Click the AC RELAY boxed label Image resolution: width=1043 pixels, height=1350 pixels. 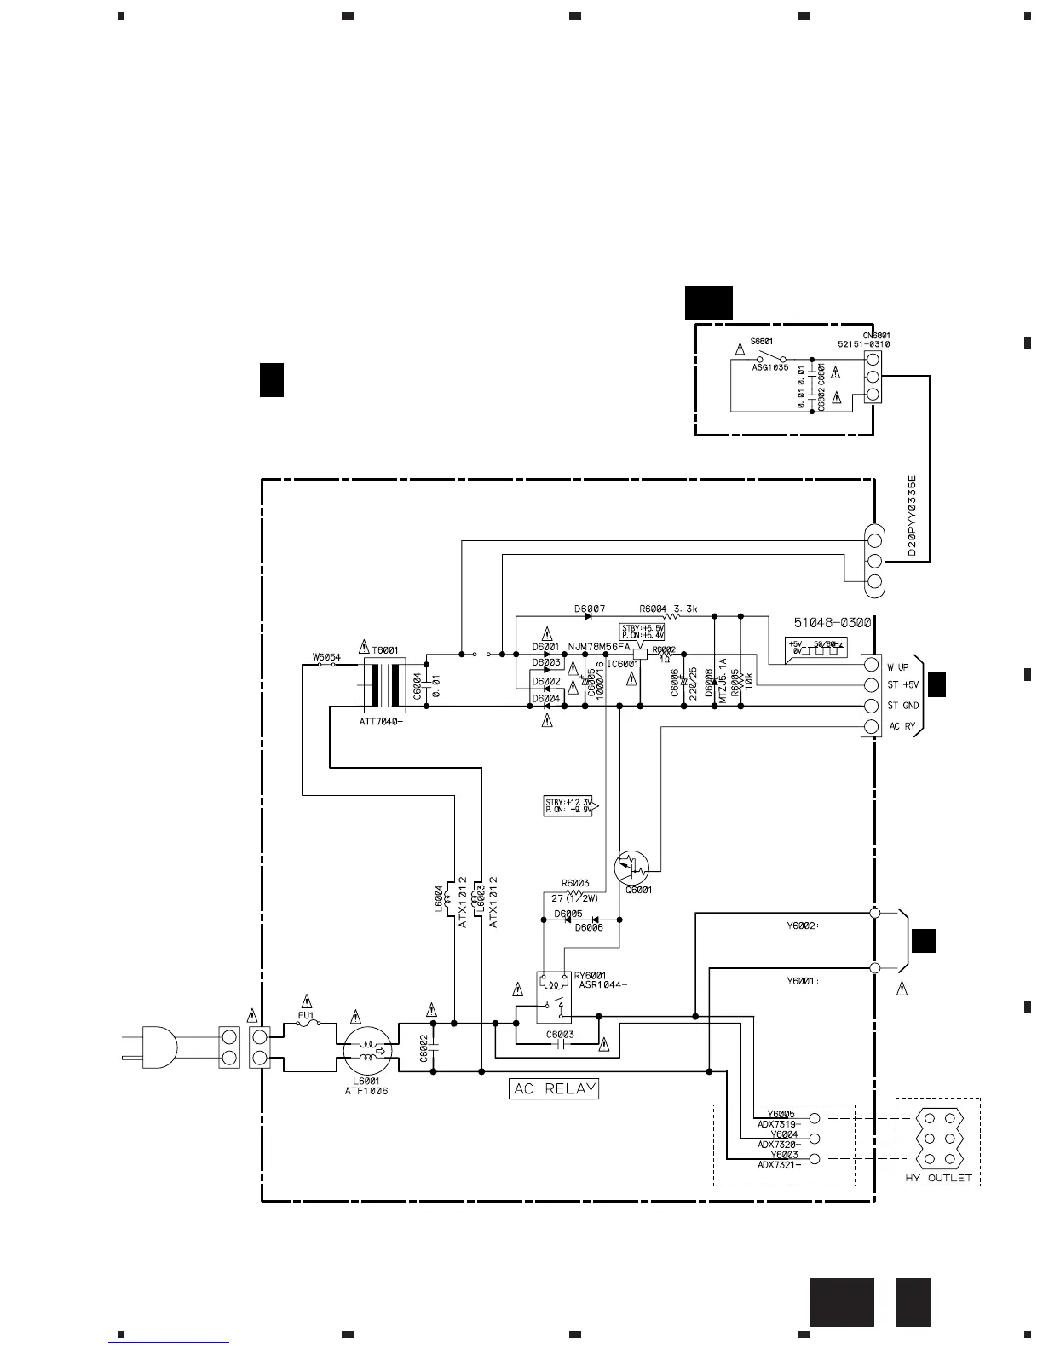[x=554, y=1088]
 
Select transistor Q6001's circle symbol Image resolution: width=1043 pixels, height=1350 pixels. [x=631, y=868]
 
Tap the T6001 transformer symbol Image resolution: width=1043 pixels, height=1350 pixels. [x=383, y=684]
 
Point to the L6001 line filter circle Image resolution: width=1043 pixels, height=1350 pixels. [x=368, y=1047]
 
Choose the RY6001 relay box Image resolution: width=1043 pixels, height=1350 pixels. [x=554, y=996]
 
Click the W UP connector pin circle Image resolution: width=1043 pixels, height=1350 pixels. [x=870, y=666]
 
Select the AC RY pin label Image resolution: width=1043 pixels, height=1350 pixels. [x=902, y=726]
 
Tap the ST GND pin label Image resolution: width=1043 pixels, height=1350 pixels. [x=903, y=706]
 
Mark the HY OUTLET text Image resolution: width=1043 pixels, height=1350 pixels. [x=937, y=1178]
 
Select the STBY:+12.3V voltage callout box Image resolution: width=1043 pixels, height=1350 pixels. [x=569, y=805]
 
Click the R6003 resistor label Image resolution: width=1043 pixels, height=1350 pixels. [x=575, y=883]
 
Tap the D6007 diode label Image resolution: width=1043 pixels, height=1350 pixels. [x=590, y=609]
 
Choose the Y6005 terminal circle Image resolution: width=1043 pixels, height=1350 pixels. [x=814, y=1117]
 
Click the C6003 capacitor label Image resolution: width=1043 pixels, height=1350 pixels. [x=560, y=1035]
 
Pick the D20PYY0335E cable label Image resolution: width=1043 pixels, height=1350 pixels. [x=912, y=516]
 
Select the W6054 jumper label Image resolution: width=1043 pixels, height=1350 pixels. [x=326, y=657]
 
